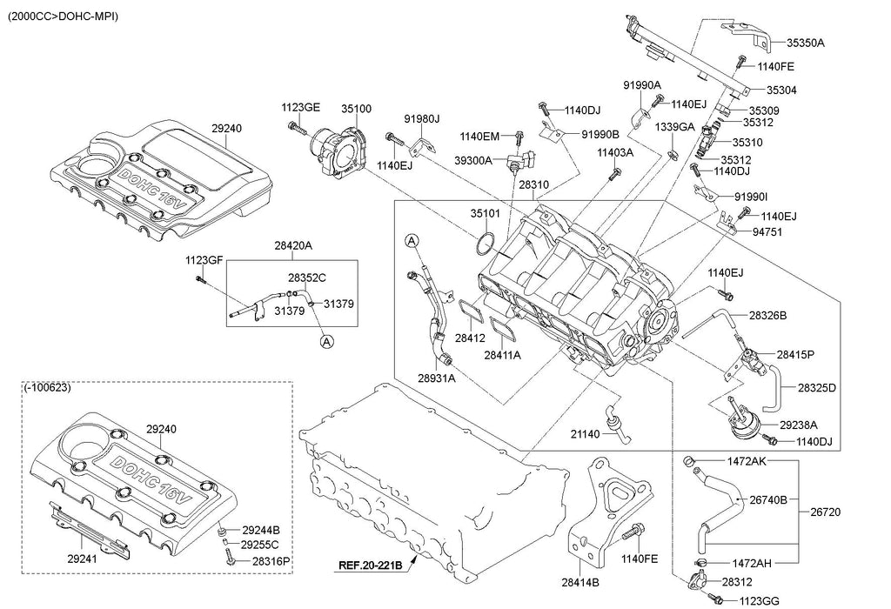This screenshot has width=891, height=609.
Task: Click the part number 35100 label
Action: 356,109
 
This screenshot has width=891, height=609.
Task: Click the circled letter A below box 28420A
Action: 326,341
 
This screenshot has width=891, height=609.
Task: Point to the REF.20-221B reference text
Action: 371,565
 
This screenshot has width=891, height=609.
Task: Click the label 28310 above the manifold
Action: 533,184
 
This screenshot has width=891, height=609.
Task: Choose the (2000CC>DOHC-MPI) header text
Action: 63,17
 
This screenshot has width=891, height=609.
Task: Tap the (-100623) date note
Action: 48,387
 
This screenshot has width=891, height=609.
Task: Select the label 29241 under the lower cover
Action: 82,559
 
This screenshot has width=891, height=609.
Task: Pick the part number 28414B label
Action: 580,582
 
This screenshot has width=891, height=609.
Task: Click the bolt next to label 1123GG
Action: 715,598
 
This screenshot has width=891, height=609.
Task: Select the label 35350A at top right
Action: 806,42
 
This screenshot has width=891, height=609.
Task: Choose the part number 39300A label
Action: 473,160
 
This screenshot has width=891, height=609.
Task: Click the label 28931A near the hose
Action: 437,378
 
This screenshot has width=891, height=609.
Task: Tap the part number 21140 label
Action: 586,435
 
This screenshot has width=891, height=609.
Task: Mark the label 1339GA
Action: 674,127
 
